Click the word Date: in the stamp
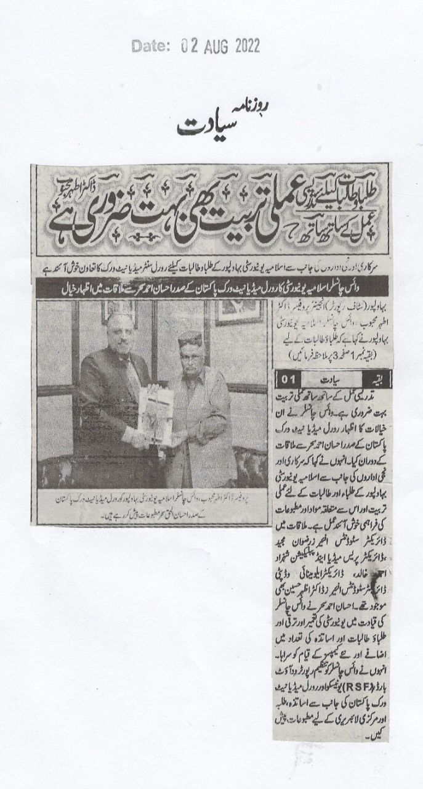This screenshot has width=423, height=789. [x=150, y=46]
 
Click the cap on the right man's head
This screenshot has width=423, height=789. [x=190, y=339]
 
